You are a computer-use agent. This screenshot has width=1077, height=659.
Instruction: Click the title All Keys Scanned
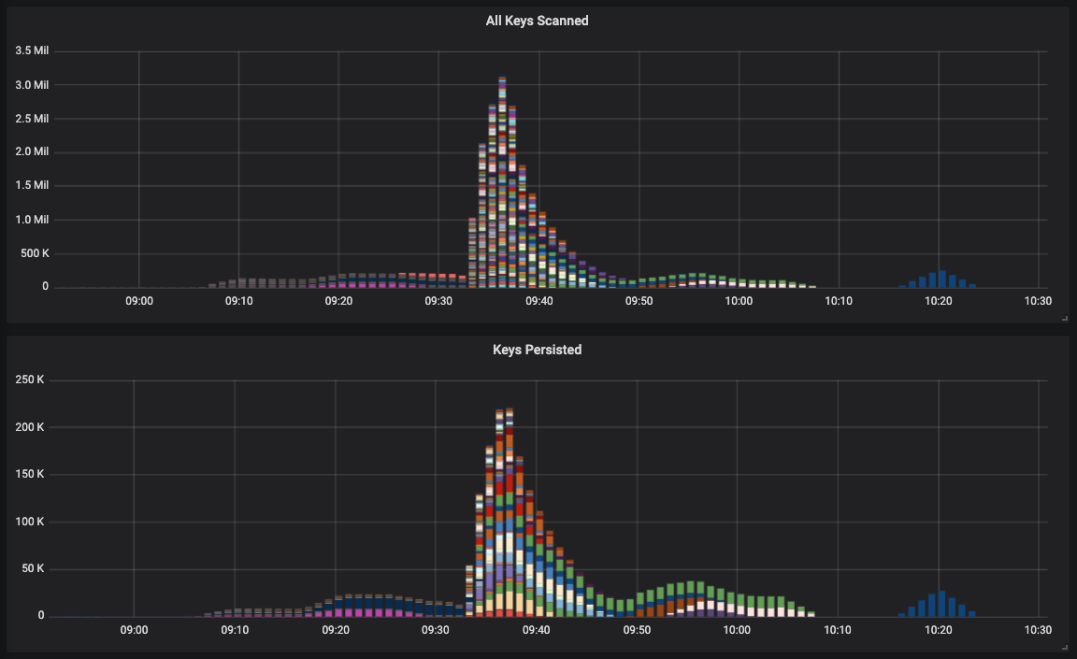point(537,21)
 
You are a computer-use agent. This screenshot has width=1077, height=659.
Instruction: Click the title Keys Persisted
point(537,350)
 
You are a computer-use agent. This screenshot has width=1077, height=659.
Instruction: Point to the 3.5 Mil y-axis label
point(32,50)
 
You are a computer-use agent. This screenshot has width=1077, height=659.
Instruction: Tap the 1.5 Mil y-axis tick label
point(32,185)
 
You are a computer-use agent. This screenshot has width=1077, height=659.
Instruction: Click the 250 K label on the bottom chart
point(29,380)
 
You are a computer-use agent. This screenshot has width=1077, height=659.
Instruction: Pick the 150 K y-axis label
point(29,474)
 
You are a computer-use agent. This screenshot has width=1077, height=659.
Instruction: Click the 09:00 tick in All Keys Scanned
point(138,301)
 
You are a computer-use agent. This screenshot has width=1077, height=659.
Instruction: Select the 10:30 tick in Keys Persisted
point(1039,630)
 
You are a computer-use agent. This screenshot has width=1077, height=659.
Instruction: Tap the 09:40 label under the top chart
point(539,301)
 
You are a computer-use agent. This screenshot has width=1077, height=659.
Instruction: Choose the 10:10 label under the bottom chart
point(838,630)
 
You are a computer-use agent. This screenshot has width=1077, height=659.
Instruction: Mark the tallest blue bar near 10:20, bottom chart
point(941,604)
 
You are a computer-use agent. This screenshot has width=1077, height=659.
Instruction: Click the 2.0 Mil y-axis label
point(32,151)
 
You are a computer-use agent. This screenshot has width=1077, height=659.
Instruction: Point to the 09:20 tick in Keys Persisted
point(336,630)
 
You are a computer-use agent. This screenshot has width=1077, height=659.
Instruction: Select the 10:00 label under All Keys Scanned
point(740,301)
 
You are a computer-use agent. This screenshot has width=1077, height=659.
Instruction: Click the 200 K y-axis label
point(29,427)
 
